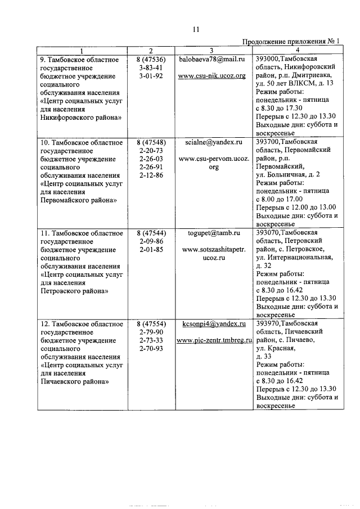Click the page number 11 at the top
[195, 29]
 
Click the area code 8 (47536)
[150, 58]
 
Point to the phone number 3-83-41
[150, 67]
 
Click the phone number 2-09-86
[150, 241]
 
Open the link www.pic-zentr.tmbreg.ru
[214, 341]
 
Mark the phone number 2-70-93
[150, 349]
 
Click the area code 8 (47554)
[150, 324]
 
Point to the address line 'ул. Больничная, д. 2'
[287, 174]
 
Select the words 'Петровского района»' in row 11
[74, 291]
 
